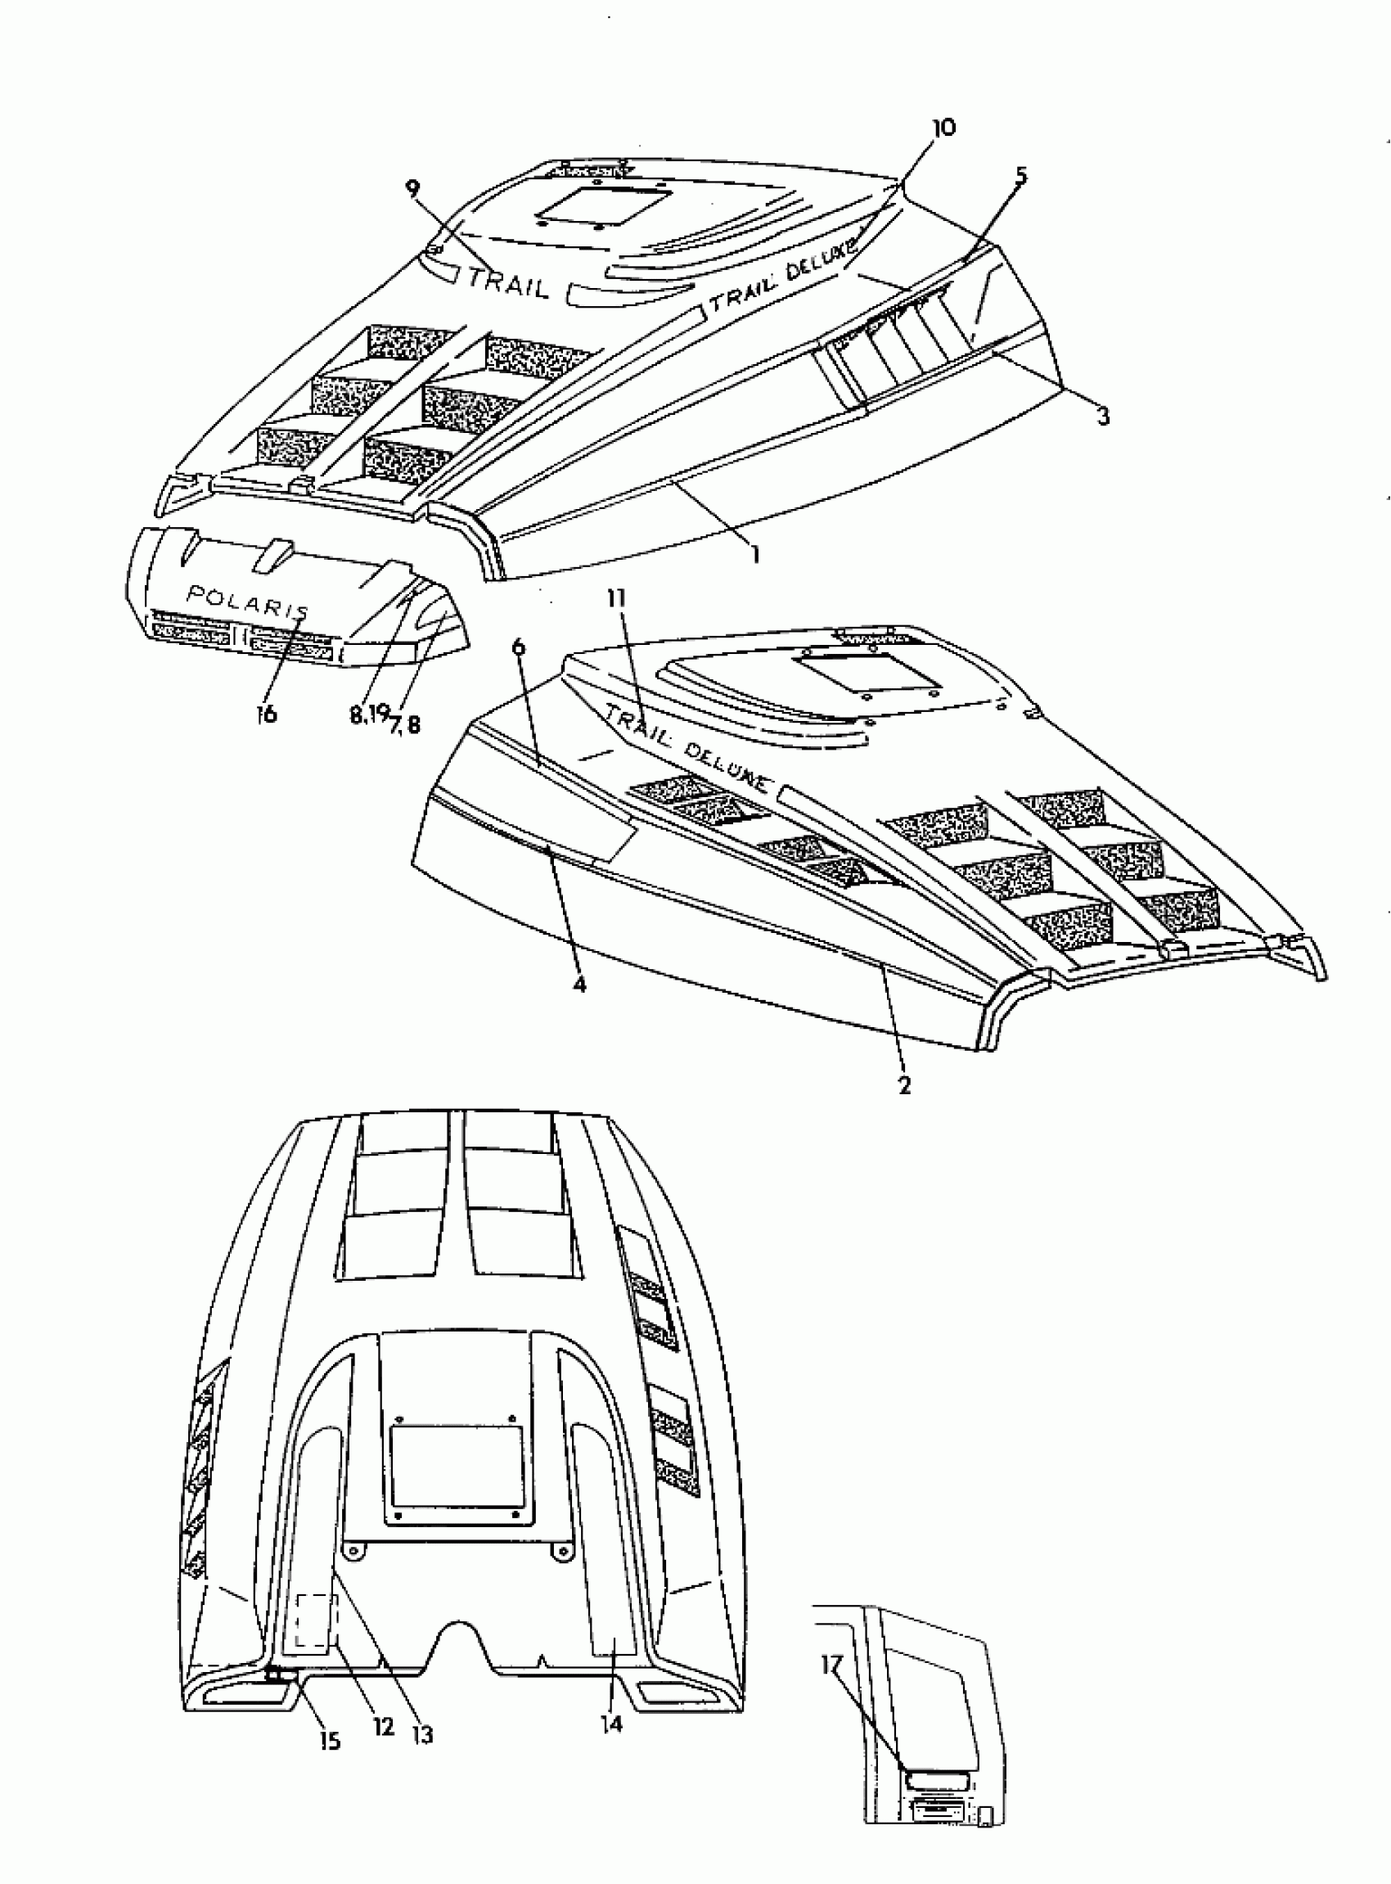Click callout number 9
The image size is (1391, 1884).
click(x=412, y=187)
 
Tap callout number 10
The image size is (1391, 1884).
click(x=944, y=128)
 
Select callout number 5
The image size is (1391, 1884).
click(x=1020, y=176)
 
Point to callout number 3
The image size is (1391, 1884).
click(x=1102, y=415)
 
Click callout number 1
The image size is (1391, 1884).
click(x=755, y=555)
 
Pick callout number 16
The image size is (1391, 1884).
click(x=266, y=714)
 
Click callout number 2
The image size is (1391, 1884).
click(x=904, y=1085)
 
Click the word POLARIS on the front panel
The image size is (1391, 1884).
click(x=248, y=601)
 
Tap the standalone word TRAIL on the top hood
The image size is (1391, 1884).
click(x=508, y=282)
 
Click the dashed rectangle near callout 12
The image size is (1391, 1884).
click(x=315, y=1621)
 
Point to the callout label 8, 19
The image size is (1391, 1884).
click(x=369, y=714)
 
